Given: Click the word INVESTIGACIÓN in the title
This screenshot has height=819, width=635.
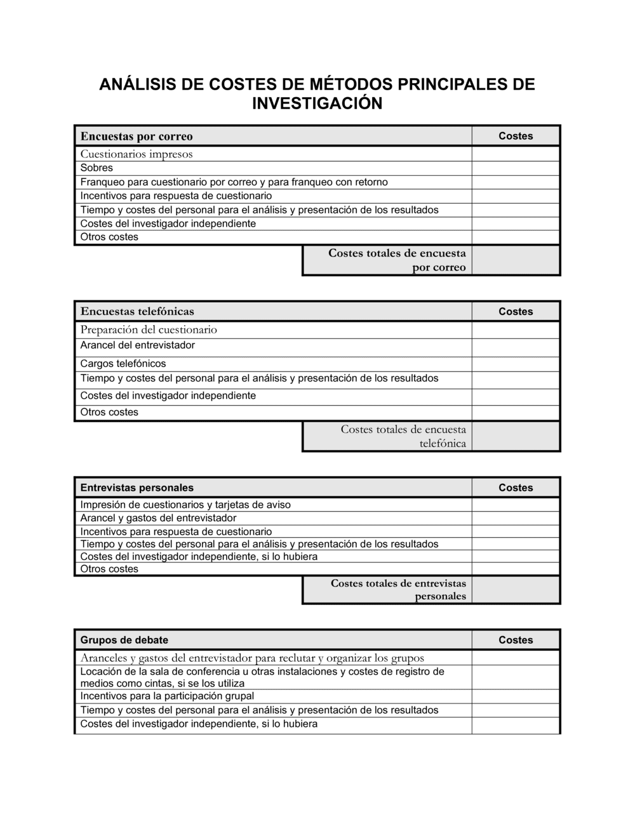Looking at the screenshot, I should tap(317, 103).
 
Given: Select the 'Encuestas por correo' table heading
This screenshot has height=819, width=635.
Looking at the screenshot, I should tap(137, 136).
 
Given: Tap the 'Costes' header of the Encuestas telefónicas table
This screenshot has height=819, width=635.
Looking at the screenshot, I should tap(516, 311).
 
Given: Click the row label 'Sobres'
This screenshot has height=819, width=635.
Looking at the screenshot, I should tap(97, 168).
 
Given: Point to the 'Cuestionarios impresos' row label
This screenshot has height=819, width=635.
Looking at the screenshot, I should tap(137, 154).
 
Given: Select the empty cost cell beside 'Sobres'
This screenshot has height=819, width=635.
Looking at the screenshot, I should tap(516, 168).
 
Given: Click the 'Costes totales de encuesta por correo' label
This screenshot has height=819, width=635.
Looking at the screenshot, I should tap(397, 260).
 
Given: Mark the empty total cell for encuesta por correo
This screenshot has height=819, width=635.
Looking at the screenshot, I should tap(516, 260).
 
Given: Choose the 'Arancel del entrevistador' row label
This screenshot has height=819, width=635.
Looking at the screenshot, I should tap(138, 345).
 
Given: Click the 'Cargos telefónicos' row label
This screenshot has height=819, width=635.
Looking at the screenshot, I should tap(123, 364).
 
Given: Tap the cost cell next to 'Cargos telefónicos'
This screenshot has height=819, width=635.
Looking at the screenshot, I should tap(516, 364).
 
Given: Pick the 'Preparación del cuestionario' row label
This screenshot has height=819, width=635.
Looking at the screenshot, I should tap(149, 330).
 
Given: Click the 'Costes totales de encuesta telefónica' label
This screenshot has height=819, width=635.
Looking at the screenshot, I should tap(403, 436).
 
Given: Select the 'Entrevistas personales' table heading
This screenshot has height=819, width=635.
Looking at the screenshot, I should tap(137, 488).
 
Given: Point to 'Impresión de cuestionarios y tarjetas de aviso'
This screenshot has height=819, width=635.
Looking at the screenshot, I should tap(185, 505).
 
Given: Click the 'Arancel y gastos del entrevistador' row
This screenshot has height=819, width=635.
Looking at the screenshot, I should tap(158, 518).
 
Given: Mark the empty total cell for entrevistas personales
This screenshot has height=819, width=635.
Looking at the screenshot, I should tap(516, 590).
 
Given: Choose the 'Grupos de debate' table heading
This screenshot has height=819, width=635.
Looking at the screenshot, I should tap(124, 640).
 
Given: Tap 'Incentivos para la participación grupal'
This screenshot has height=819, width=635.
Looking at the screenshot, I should tap(167, 696).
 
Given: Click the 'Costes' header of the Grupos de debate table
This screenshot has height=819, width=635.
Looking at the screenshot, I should tap(516, 640).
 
